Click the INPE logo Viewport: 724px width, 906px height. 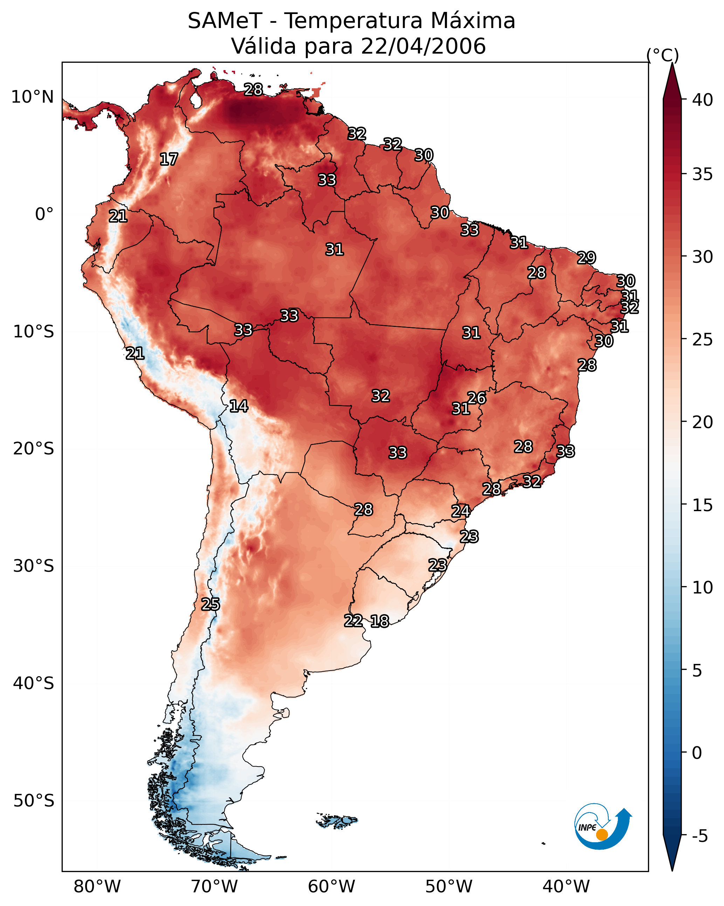603,826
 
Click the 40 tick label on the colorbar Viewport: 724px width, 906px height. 703,100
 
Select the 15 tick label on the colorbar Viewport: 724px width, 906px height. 703,505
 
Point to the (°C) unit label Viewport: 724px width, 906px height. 663,55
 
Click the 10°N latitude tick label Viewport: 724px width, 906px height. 32,97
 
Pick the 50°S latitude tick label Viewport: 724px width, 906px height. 34,801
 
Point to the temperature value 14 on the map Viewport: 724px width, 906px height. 239,406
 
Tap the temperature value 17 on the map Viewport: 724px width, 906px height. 169,159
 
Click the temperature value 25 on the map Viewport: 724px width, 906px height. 211,604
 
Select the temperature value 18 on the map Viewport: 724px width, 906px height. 380,621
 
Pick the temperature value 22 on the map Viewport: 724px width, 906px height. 353,621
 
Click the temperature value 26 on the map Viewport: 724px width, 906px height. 476,398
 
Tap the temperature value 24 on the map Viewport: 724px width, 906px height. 461,511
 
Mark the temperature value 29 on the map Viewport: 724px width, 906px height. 586,258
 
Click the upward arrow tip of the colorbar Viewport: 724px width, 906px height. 672,63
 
